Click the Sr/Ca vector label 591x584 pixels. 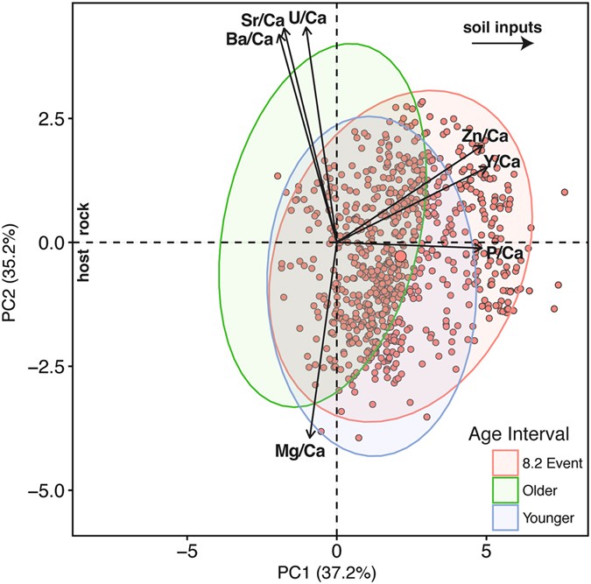[x=262, y=19]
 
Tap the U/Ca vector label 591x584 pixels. [x=308, y=18]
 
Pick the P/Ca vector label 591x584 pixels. [x=504, y=253]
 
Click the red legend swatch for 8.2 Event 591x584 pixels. [x=503, y=461]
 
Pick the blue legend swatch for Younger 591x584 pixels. [x=503, y=518]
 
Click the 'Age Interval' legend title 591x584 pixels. [x=519, y=433]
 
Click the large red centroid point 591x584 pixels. [x=400, y=256]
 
